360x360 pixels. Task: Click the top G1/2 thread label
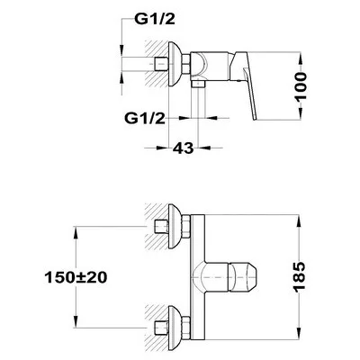click(x=155, y=20)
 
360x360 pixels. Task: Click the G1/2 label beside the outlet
click(x=145, y=119)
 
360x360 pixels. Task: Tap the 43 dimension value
click(x=184, y=148)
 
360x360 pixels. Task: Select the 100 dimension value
click(x=301, y=86)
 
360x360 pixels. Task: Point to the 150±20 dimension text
click(x=76, y=277)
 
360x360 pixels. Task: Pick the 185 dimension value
click(x=299, y=277)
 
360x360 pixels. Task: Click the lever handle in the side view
click(x=244, y=84)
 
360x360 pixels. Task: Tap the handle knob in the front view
click(x=244, y=277)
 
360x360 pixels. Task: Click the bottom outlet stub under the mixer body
click(x=198, y=84)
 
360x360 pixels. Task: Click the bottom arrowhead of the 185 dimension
click(x=299, y=333)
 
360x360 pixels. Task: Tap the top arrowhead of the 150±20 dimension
click(x=76, y=233)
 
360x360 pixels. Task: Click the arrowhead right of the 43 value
click(x=204, y=148)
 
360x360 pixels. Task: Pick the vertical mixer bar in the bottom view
click(x=197, y=277)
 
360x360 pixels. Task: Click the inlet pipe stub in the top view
click(x=161, y=64)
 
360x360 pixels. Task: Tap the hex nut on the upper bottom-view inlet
click(x=185, y=227)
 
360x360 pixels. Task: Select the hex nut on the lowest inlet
click(x=185, y=328)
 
